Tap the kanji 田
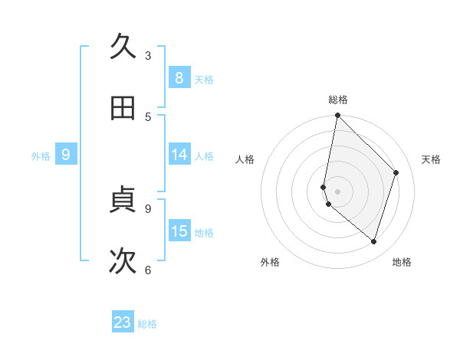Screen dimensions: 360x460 [123, 107]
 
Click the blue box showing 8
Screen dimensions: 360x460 [179, 77]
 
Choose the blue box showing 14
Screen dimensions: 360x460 [179, 155]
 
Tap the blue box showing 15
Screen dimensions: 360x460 [179, 231]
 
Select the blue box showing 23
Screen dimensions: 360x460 [123, 322]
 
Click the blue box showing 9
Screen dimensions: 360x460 [66, 155]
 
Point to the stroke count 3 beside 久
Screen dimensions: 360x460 [148, 55]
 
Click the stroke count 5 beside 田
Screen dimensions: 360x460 [148, 116]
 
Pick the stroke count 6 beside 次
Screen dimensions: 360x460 [148, 269]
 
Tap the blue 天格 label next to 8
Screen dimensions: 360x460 [204, 79]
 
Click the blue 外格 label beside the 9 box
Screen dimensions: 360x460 [41, 156]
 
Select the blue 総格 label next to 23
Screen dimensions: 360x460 [147, 324]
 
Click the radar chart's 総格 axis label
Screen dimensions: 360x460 [338, 100]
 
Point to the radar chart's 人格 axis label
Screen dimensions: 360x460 [245, 159]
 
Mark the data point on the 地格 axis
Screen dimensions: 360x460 [373, 241]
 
